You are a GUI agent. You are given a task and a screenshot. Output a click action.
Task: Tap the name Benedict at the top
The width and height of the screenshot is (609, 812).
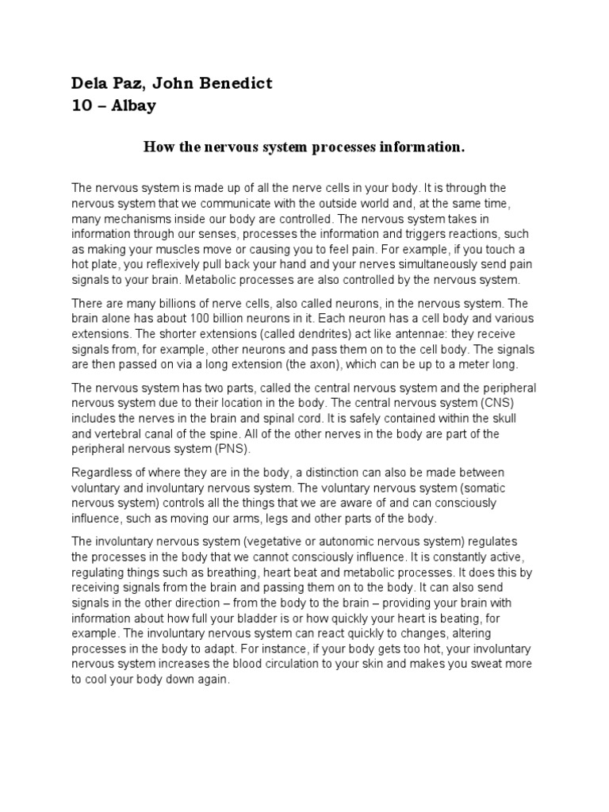click(236, 83)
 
